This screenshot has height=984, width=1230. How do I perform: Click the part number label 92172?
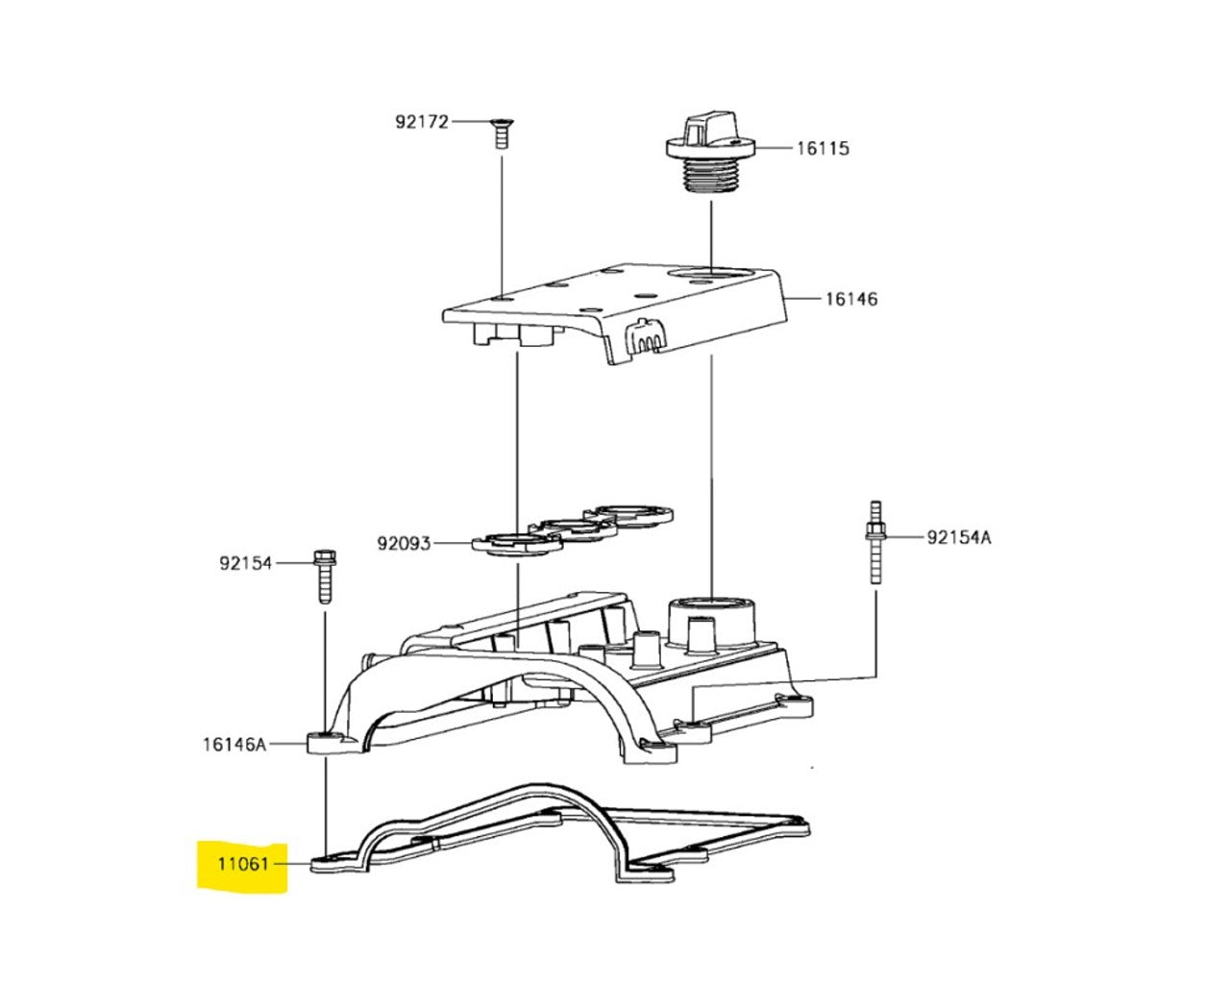[x=422, y=122]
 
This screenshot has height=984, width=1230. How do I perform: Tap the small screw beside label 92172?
[x=502, y=134]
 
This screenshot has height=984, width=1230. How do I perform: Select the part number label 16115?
[x=824, y=149]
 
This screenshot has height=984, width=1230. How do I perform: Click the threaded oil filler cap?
[x=711, y=155]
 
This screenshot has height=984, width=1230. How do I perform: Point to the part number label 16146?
[x=851, y=299]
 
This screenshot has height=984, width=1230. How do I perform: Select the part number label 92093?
[x=404, y=543]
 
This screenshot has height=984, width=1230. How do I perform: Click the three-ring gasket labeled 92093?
[x=574, y=529]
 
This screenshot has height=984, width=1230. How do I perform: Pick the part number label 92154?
[x=245, y=563]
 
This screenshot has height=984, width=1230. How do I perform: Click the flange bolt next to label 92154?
[x=325, y=577]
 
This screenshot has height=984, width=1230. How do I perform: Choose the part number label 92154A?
[x=959, y=537]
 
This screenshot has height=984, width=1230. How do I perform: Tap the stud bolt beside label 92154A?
[x=875, y=543]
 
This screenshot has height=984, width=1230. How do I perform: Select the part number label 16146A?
[x=234, y=745]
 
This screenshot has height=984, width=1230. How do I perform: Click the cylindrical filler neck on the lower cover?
[x=712, y=627]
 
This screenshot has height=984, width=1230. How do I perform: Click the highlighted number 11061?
[x=242, y=863]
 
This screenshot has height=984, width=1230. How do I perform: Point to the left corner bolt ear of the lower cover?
[x=328, y=743]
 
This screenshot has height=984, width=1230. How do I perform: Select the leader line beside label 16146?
[x=804, y=299]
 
